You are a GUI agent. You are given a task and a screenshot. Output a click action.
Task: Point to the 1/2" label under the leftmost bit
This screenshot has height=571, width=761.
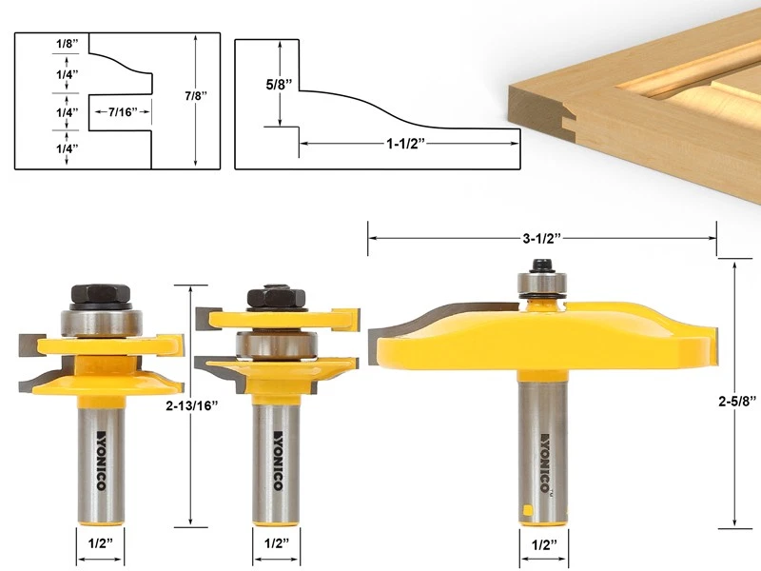point(99,546)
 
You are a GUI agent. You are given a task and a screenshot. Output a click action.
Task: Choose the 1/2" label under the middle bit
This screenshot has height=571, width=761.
point(276,546)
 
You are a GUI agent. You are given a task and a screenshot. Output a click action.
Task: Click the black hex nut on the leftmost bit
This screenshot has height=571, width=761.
point(98,296)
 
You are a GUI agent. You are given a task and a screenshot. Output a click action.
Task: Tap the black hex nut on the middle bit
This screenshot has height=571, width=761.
point(276,299)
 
